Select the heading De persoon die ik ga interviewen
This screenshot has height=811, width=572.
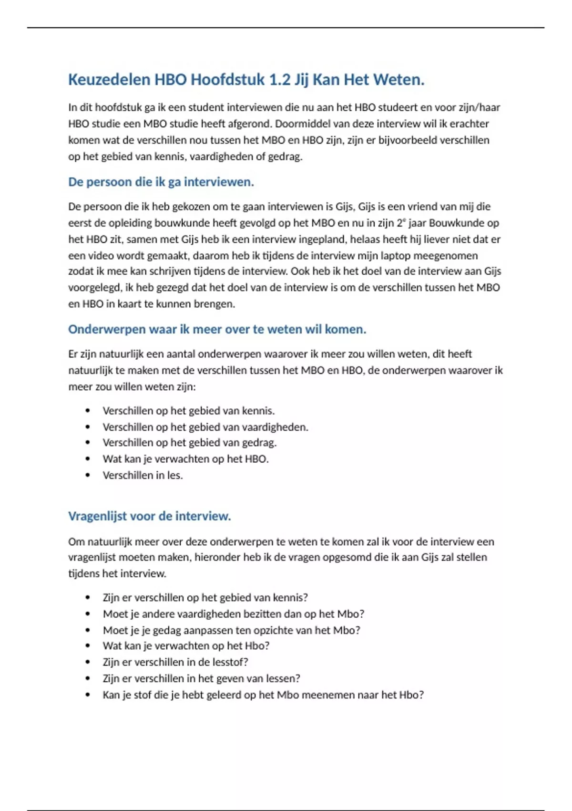[x=161, y=182]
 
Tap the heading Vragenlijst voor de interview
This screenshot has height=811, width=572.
[x=149, y=516]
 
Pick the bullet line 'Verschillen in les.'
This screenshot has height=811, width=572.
[x=143, y=475]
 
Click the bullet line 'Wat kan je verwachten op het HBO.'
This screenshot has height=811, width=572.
[x=185, y=459]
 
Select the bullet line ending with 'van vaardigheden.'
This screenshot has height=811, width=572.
[x=205, y=427]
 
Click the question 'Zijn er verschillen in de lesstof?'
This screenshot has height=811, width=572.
[x=175, y=662]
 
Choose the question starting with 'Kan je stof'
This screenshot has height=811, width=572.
[x=263, y=695]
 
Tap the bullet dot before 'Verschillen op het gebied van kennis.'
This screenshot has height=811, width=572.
[x=88, y=411]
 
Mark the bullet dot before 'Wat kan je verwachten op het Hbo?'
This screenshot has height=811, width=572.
[x=88, y=646]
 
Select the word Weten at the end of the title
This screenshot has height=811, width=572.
[x=400, y=79]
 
